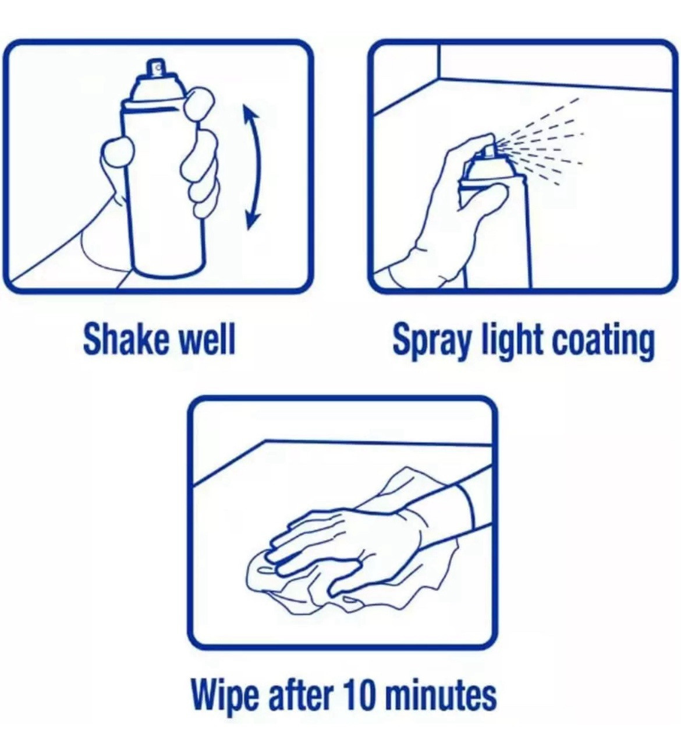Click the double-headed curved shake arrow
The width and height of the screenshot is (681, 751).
(258, 167)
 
